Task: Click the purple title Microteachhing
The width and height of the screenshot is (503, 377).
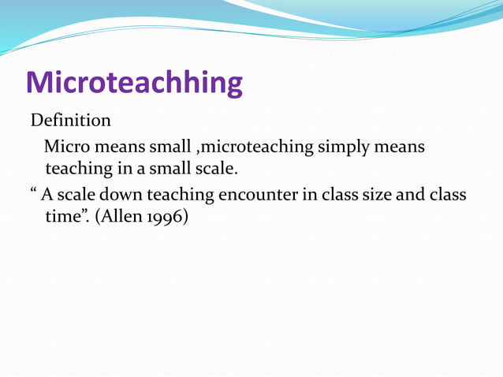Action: [134, 83]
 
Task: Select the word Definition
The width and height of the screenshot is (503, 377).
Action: [70, 121]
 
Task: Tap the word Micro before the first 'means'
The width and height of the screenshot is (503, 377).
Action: [66, 147]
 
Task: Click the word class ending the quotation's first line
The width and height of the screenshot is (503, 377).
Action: [447, 194]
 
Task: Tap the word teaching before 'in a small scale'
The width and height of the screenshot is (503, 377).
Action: [80, 170]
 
